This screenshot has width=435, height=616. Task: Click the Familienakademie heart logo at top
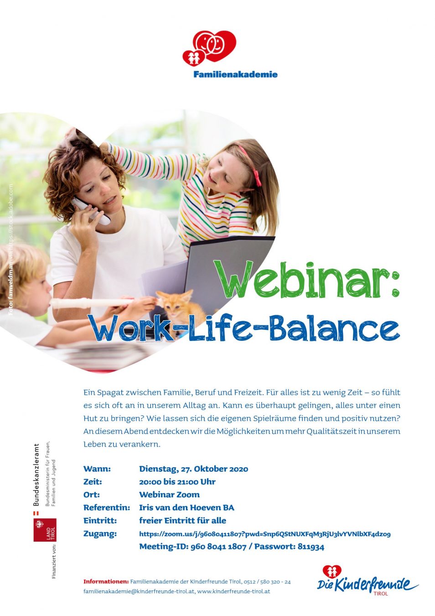tap(209, 47)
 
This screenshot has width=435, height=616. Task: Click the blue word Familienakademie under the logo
tap(235, 74)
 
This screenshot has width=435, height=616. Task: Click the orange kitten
tap(181, 308)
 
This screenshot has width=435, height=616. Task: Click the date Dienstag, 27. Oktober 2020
tap(193, 469)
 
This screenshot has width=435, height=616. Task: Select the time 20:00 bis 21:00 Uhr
tap(177, 482)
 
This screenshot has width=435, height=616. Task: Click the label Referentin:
tap(107, 508)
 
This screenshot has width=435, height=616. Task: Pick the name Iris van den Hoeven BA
tap(186, 508)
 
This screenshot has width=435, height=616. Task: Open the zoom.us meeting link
tap(265, 534)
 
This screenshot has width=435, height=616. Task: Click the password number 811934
tap(311, 547)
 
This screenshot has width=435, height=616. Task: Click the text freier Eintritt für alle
tap(183, 521)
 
